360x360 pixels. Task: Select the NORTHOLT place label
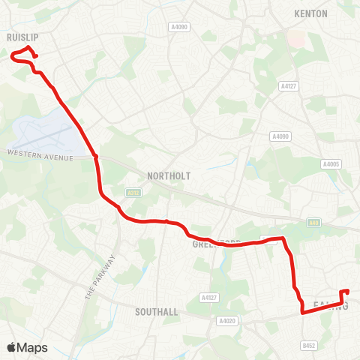[169, 175]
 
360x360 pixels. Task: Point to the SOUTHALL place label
[156, 311]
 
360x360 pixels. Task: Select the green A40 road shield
[313, 222]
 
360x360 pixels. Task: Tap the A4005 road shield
[331, 164]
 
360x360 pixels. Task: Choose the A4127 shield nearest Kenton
[289, 86]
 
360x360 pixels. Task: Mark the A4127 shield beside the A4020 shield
[209, 298]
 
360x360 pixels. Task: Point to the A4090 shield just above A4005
[280, 136]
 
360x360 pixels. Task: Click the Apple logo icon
[11, 347]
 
